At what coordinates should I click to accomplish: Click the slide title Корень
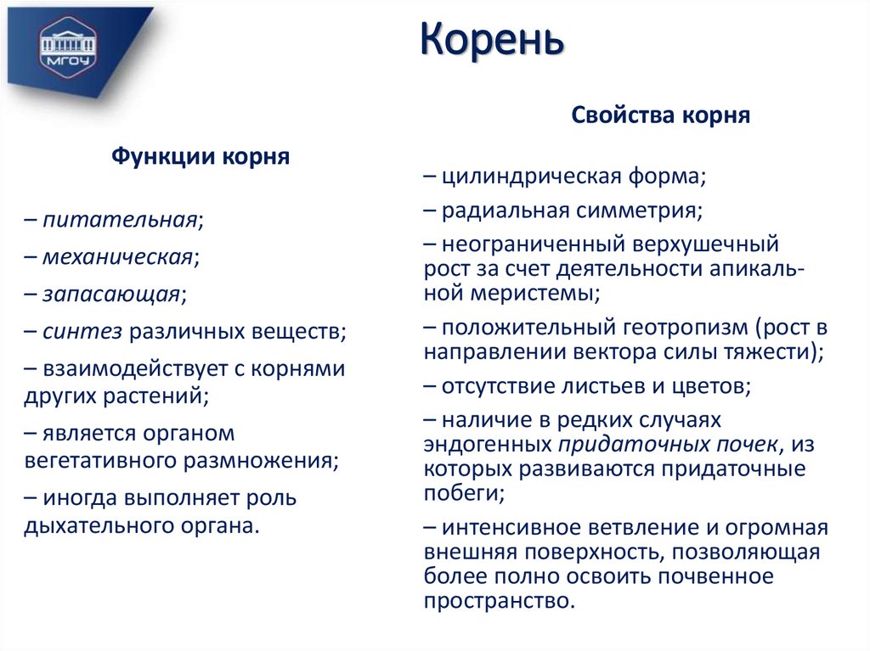click(x=491, y=41)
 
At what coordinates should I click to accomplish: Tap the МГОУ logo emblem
click(x=68, y=49)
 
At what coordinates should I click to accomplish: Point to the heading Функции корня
click(x=201, y=157)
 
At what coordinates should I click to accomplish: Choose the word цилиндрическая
click(x=520, y=177)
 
